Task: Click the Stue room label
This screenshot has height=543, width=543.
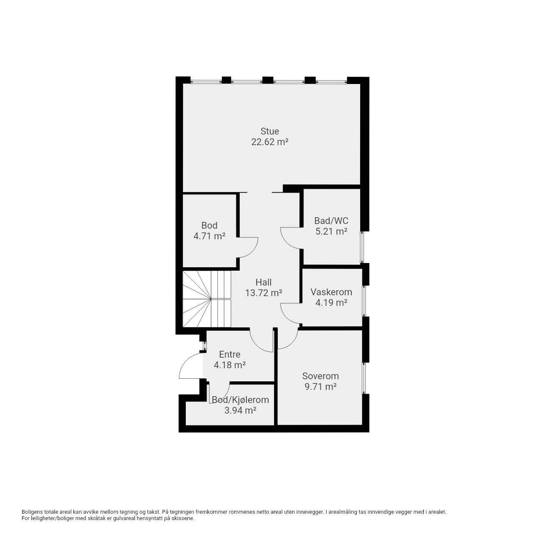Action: pos(270,132)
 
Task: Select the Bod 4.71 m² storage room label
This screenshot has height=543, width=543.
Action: pos(210,231)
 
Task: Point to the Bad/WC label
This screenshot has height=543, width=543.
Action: pos(331,220)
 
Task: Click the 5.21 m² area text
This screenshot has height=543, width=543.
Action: pos(331,231)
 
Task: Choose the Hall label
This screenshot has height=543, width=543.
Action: pos(263,282)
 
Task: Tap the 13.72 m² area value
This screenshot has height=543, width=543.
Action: pos(263,293)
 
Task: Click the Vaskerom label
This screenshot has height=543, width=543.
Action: pos(331,292)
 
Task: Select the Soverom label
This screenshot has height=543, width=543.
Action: pos(320,376)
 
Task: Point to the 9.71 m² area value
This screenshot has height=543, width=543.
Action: pos(320,386)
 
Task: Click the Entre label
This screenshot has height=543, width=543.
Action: pos(230,355)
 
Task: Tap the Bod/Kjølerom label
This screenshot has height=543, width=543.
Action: pos(241,400)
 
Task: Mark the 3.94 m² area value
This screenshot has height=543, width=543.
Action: pos(241,411)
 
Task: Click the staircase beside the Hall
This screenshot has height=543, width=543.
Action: pos(207,299)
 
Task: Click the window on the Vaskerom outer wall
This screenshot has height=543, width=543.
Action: pos(365,301)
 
